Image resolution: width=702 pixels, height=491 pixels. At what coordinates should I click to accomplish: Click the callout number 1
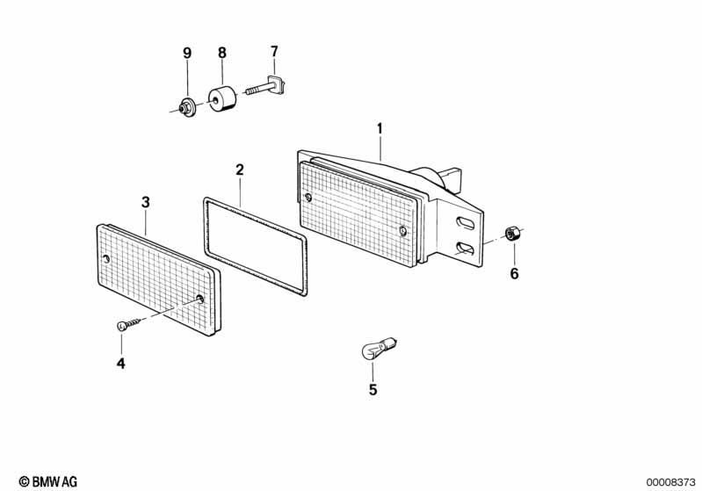tap(380, 129)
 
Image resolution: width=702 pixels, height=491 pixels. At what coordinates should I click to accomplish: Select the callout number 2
tap(240, 170)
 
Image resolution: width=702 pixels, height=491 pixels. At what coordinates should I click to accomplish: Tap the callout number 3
tap(146, 202)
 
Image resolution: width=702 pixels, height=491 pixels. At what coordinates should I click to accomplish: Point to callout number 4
tap(121, 363)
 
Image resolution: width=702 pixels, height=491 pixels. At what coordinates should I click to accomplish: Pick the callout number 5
tap(373, 389)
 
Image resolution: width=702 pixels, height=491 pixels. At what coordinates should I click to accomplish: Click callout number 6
tap(514, 273)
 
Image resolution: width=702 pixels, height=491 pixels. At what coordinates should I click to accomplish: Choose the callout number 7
tap(274, 52)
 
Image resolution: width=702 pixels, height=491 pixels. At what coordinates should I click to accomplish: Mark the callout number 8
tap(222, 53)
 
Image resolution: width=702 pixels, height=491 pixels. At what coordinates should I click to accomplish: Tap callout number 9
tap(187, 53)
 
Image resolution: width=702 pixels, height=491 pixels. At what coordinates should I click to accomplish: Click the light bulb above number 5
tap(379, 348)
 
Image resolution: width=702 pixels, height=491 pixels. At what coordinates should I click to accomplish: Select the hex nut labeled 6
tap(510, 234)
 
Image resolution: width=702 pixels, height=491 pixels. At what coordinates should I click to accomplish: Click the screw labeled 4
tap(128, 323)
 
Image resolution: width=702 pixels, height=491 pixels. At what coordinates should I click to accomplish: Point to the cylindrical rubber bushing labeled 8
tap(222, 99)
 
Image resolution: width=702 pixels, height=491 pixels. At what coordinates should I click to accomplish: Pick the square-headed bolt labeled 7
tap(266, 87)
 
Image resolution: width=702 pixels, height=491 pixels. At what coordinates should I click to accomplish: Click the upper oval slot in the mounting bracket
tap(465, 223)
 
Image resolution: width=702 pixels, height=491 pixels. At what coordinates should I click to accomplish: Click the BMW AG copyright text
tap(48, 481)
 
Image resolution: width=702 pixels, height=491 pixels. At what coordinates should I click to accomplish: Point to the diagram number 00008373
tap(670, 482)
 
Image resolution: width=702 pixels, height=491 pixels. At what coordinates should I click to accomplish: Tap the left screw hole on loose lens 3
tap(105, 259)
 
